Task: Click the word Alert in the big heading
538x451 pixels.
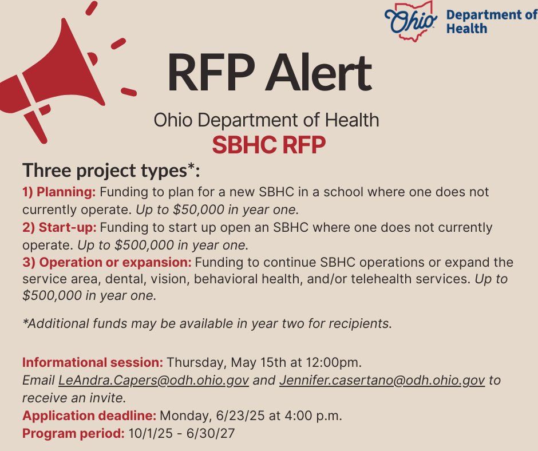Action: [314, 74]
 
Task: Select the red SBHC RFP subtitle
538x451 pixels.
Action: [268, 145]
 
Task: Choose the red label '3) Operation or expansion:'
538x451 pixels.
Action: [107, 263]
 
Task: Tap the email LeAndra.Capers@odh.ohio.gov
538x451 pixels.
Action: [153, 381]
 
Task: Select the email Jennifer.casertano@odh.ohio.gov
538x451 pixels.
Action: [382, 381]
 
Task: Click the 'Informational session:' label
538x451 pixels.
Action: [93, 363]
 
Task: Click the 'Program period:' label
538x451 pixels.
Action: [73, 433]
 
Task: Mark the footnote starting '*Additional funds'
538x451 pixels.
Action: [207, 323]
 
